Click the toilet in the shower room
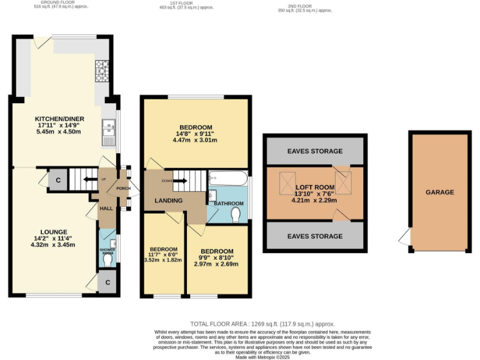click(109, 261)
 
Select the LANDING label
click(169, 201)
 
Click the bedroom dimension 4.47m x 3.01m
click(196, 140)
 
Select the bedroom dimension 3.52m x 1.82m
click(163, 259)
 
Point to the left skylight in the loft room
click(288, 182)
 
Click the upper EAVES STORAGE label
click(314, 151)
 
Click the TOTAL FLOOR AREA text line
click(262, 324)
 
